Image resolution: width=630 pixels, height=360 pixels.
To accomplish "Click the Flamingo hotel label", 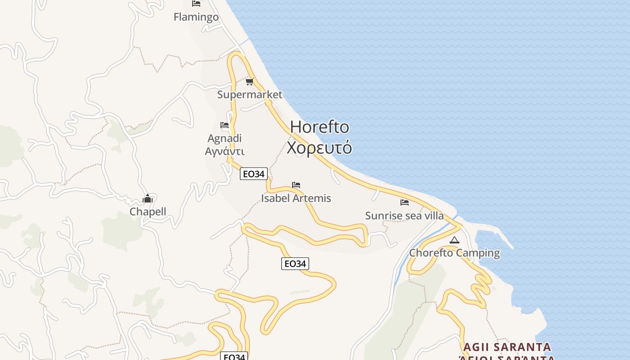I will click(x=196, y=17).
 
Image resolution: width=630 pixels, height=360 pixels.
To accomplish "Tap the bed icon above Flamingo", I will click(x=196, y=4).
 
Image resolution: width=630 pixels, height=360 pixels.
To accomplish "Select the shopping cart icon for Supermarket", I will click(x=250, y=81).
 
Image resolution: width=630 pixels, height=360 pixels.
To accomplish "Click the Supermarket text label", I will click(x=250, y=94).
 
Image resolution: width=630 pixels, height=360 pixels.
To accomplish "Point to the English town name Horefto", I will click(x=319, y=127).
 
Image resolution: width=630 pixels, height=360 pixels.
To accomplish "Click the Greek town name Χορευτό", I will click(x=319, y=148).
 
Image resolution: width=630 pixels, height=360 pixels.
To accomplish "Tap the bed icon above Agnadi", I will click(x=225, y=125).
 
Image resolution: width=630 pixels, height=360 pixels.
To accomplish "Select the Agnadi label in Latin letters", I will click(x=225, y=138).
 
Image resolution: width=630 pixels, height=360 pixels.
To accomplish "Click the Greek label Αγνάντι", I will click(x=225, y=151).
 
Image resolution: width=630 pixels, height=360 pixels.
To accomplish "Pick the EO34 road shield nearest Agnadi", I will click(x=254, y=174).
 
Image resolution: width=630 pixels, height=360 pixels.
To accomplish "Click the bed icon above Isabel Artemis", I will click(x=296, y=185).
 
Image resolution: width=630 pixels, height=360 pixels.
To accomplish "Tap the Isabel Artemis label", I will click(x=296, y=198).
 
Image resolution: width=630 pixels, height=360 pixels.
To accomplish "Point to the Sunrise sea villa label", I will click(x=404, y=216).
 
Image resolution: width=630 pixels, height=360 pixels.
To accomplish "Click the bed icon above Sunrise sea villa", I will click(x=405, y=202).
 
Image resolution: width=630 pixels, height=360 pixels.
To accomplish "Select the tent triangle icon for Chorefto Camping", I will click(x=454, y=240).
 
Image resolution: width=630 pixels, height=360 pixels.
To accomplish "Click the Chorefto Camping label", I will click(x=454, y=253).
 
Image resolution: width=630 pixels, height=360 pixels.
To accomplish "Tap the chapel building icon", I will click(x=148, y=198).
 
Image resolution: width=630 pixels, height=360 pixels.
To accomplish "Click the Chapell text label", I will click(x=148, y=211).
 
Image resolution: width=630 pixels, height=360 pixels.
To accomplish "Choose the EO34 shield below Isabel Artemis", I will click(x=295, y=264).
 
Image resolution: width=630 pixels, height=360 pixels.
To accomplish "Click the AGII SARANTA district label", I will click(x=507, y=347).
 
